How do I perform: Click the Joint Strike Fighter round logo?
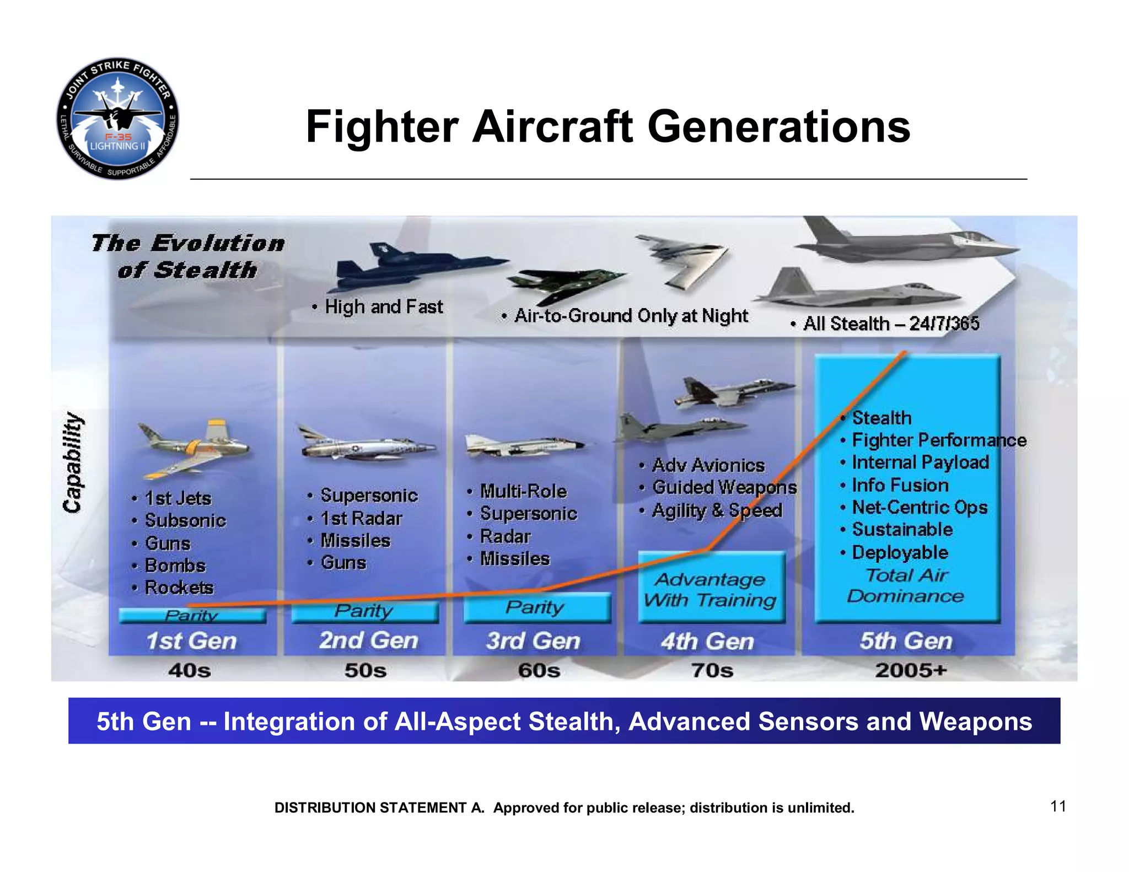coord(117,119)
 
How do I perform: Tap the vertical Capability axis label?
coord(73,463)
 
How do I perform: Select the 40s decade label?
coord(189,671)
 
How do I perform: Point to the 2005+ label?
coord(911,671)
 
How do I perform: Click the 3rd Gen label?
coord(533,641)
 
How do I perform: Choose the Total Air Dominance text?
coord(906,585)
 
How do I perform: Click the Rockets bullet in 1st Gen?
coord(178,588)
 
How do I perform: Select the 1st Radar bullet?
coord(361,518)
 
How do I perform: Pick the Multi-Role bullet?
coord(523,491)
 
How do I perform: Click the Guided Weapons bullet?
coord(724,487)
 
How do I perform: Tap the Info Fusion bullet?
coord(900,485)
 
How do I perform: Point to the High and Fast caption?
coord(383,306)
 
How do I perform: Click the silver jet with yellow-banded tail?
coord(193,446)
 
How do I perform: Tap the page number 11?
coord(1058,806)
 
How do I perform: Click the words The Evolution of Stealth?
coord(187,256)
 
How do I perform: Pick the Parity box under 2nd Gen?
coord(364,611)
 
